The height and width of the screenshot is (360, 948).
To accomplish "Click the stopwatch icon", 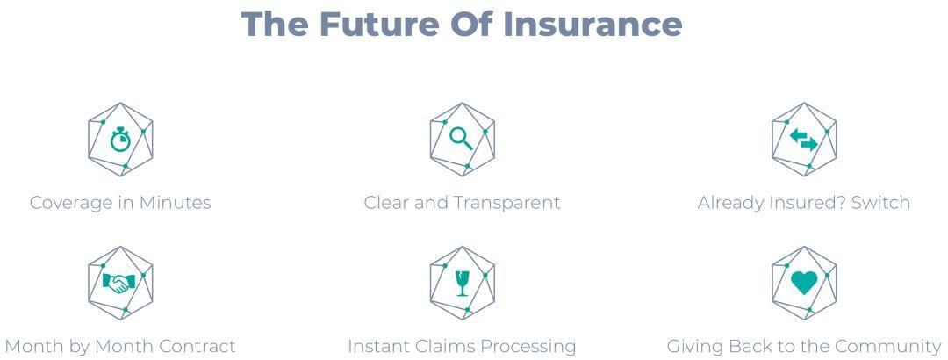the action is (x=120, y=139).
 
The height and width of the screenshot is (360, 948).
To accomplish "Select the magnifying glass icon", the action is (x=462, y=139).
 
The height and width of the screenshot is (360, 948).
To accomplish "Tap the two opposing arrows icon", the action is (x=804, y=140).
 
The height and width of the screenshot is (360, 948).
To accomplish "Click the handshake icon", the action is (x=119, y=283).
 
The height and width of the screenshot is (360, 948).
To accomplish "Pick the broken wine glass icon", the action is (x=463, y=283).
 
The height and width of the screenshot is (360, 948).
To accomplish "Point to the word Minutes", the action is (x=176, y=202).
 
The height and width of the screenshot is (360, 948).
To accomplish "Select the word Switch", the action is (x=881, y=202).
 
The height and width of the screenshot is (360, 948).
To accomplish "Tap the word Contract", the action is (x=197, y=346).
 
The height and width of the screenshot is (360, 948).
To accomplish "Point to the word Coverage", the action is (x=70, y=203).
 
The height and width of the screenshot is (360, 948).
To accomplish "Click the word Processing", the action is (x=522, y=347).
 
